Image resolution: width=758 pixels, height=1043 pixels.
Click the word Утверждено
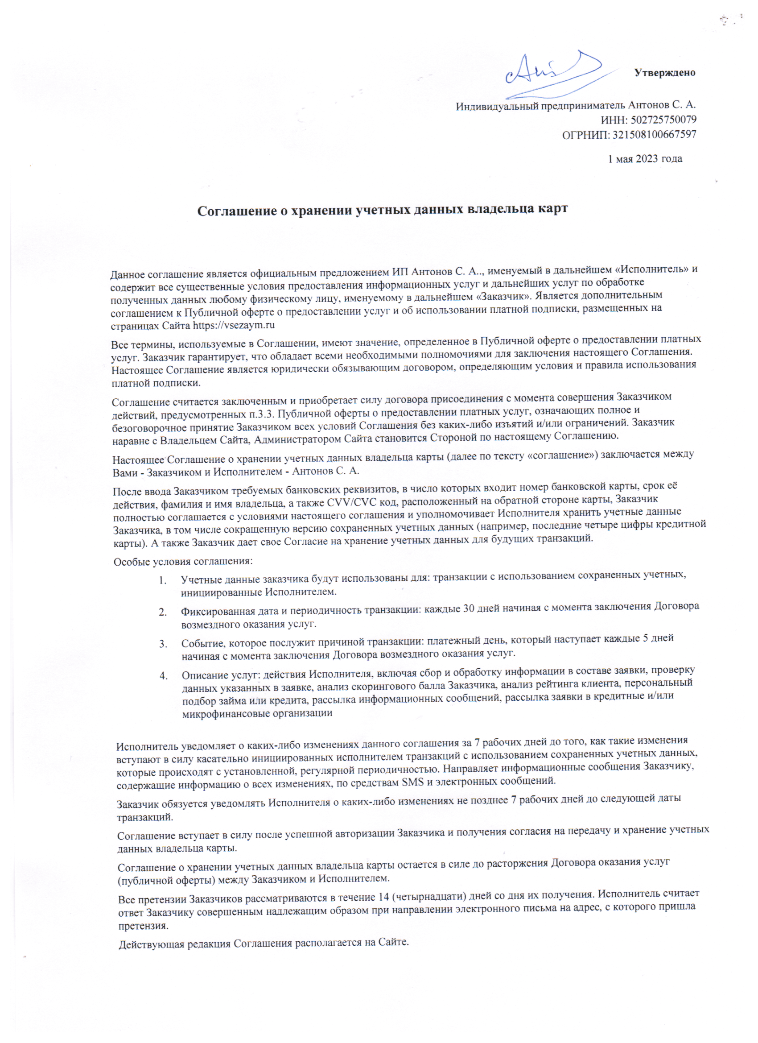(664, 73)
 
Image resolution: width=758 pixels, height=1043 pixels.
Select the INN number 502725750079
(663, 120)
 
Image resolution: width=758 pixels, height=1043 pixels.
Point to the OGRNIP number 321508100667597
(654, 135)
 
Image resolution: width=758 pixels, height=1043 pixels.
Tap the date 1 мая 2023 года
(645, 159)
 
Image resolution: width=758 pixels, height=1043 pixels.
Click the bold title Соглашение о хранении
(383, 210)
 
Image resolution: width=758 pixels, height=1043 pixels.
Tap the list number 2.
(163, 612)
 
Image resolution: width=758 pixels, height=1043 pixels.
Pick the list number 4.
(164, 676)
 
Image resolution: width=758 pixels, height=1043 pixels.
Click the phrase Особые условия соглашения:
(183, 562)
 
